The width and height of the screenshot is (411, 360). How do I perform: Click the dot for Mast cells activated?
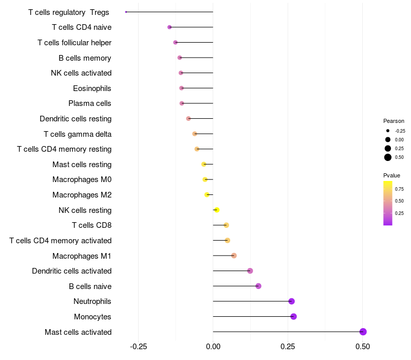363,332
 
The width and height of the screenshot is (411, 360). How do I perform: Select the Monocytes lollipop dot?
293,316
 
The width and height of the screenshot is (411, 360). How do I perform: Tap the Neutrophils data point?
291,301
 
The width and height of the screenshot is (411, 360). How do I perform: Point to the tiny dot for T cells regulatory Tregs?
126,12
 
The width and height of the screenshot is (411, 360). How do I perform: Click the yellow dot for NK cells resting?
217,210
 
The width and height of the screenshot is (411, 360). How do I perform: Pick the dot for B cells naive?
258,286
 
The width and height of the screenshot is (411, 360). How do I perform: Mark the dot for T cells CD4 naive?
170,27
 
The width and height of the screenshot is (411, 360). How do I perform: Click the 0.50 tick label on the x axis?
363,347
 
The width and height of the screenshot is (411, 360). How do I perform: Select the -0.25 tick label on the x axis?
138,347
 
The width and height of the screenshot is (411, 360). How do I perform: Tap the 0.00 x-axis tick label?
213,347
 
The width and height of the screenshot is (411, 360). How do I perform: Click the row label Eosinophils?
92,88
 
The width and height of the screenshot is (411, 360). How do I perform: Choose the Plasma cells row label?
90,103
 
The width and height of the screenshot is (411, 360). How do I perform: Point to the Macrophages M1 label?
82,256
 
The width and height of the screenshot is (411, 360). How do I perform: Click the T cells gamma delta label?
78,134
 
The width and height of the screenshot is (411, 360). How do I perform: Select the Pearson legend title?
394,121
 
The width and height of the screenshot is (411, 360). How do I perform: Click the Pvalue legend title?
392,175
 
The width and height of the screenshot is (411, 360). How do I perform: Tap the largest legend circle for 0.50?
388,157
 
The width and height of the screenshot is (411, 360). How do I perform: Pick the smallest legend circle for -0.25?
388,131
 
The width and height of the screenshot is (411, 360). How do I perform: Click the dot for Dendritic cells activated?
250,271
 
